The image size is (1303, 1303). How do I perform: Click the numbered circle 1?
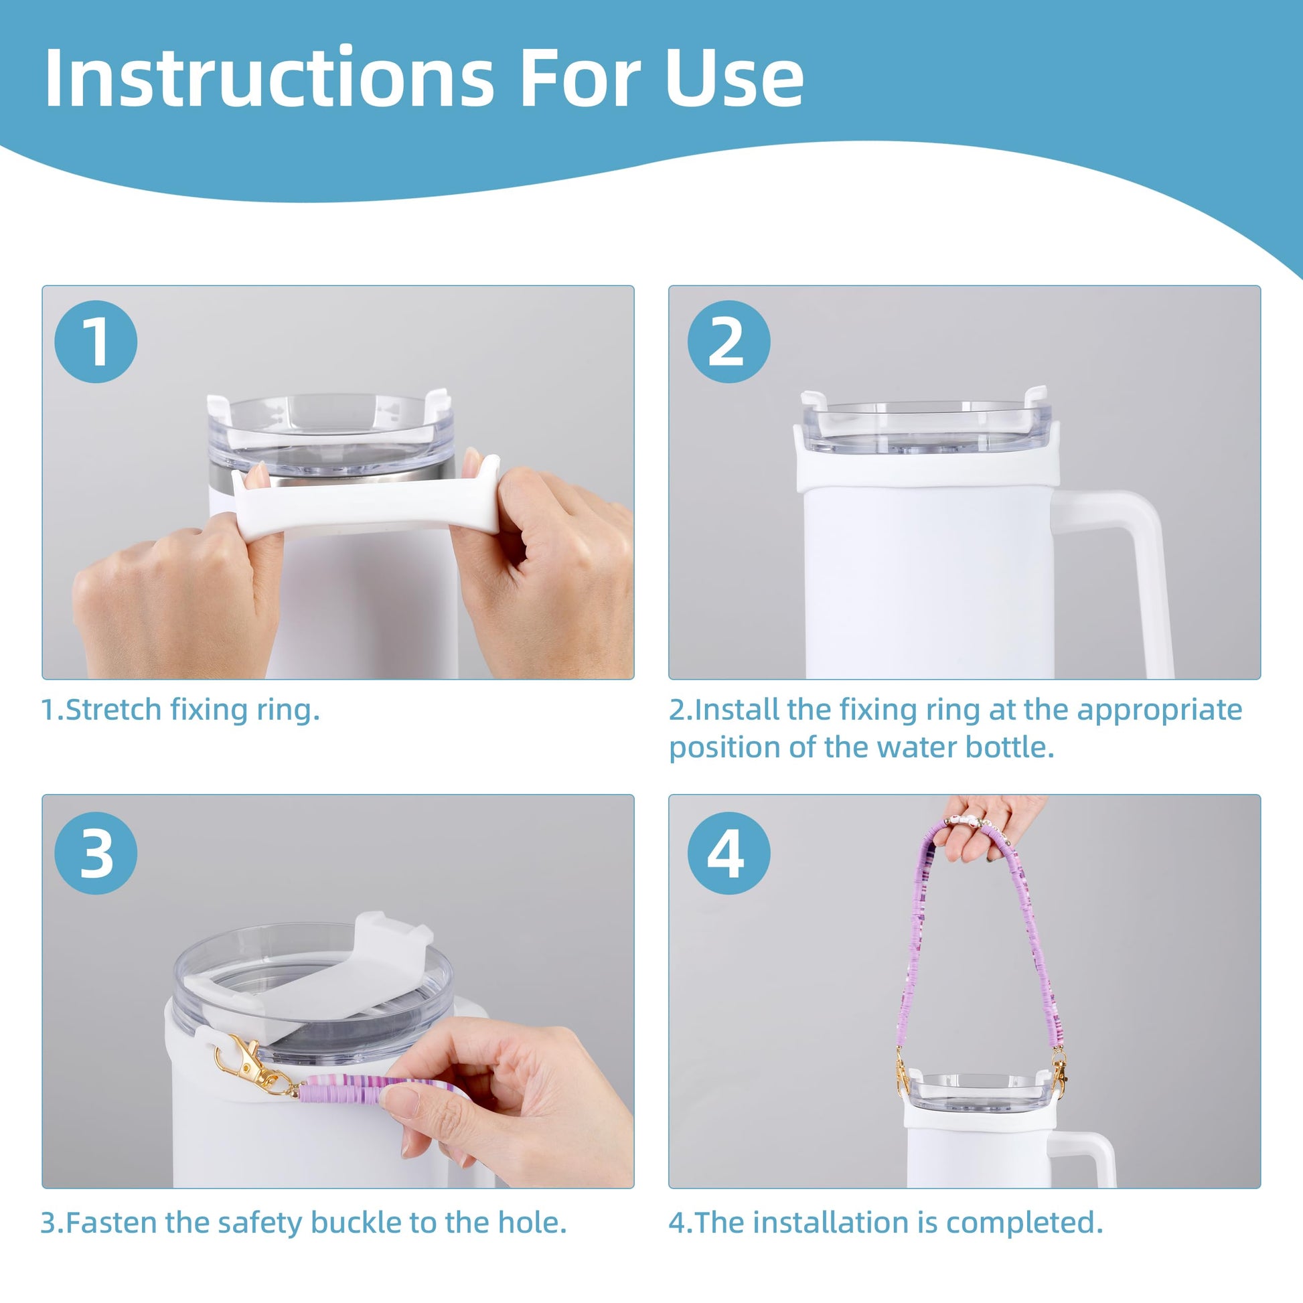point(96,342)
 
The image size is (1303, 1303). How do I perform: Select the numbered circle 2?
point(729,342)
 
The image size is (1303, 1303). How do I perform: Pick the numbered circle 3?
point(96,853)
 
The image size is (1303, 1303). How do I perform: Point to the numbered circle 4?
point(729,853)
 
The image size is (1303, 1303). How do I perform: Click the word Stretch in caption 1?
point(113,710)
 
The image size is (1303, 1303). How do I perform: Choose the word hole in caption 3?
point(532,1223)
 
